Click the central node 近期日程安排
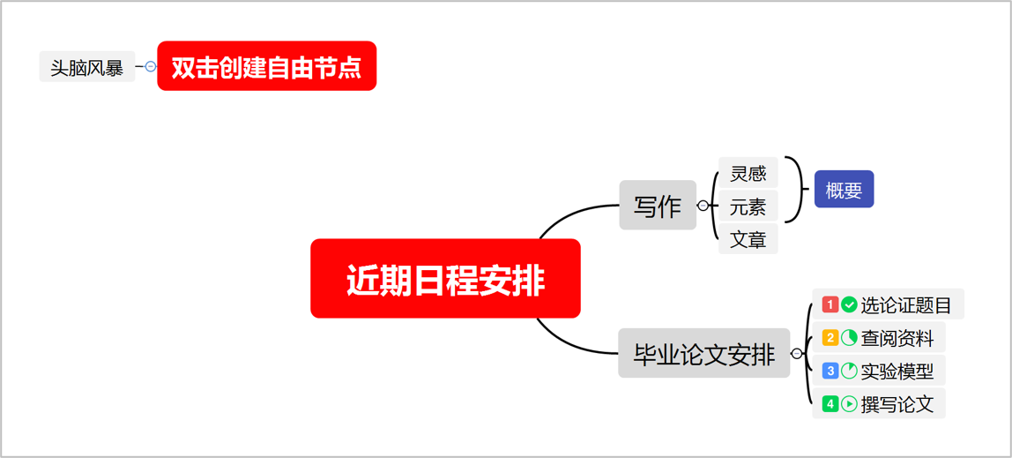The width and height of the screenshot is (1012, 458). point(445,279)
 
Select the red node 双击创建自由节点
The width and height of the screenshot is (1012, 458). point(266,66)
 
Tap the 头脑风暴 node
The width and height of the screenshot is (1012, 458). point(86,67)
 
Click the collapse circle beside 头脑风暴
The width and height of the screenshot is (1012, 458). point(151,66)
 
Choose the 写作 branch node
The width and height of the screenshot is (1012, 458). point(658,206)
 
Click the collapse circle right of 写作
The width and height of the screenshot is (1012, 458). point(703,206)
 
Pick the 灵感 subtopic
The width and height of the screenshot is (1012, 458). point(748,173)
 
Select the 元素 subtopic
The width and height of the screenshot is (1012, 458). point(748,206)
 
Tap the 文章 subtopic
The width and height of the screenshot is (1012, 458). point(748,239)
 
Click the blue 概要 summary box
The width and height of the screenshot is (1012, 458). point(844,190)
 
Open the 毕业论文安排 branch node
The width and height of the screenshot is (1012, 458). point(703,354)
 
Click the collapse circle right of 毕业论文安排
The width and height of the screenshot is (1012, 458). point(797,354)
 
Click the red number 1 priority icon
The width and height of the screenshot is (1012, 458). point(830,304)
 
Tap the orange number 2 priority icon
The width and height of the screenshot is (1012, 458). point(830,338)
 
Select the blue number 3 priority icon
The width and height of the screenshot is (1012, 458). point(830,371)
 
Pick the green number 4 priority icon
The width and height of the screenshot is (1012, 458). point(830,403)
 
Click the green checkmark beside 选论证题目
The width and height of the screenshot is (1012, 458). point(849,304)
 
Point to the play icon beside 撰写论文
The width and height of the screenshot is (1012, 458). point(849,403)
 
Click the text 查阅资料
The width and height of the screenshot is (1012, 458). point(897,338)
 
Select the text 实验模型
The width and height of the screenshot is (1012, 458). point(897,371)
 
